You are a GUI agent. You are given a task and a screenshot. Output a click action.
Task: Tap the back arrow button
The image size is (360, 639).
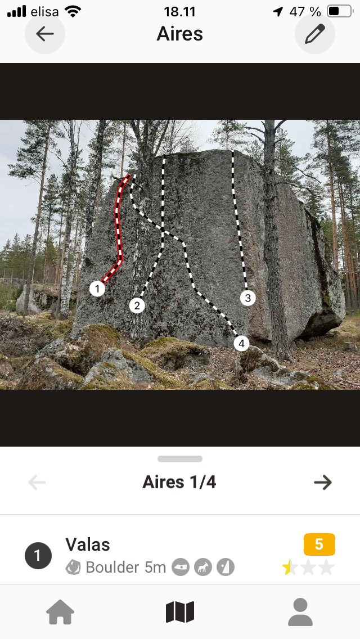(45, 34)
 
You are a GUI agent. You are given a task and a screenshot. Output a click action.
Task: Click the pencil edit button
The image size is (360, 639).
(315, 34)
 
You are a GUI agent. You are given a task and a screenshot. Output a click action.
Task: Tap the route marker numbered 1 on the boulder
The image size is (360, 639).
(97, 289)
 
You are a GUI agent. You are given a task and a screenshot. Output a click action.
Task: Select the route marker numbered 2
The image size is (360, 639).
(137, 305)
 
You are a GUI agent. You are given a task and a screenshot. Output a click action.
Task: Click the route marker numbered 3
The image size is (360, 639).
(248, 298)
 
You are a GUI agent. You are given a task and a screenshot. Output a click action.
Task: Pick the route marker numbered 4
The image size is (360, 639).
(241, 344)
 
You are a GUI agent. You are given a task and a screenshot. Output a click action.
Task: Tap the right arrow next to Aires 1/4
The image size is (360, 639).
(323, 483)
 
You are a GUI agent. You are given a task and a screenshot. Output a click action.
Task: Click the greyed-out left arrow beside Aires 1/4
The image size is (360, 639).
(37, 483)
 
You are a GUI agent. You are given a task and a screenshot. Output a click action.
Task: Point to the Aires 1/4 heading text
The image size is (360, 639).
(179, 483)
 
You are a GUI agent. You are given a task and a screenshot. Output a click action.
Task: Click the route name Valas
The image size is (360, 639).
(88, 544)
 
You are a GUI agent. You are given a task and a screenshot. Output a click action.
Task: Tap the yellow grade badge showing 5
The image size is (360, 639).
(319, 544)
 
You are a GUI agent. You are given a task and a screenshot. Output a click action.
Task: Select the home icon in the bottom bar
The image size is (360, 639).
(60, 612)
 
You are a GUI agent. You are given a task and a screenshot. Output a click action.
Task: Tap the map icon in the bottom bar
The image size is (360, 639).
(180, 612)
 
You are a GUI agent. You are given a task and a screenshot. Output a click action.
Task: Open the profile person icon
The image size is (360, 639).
(300, 612)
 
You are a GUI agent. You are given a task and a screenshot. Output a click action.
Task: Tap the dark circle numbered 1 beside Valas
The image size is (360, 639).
(38, 555)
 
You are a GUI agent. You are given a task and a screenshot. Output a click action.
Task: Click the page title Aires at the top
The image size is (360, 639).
(180, 34)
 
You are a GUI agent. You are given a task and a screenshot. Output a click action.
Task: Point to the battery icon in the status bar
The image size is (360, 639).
(340, 11)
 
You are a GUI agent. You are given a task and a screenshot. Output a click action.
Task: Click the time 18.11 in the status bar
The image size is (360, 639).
(180, 11)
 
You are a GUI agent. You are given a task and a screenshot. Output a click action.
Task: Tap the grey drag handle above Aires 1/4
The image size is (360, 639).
(180, 459)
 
